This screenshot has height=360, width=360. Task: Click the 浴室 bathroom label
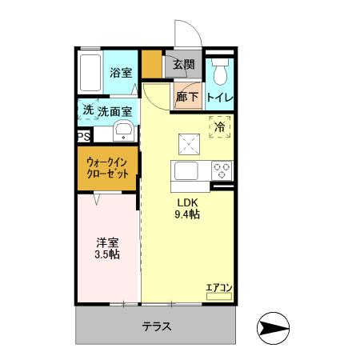(x=120, y=72)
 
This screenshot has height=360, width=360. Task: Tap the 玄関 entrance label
(x=183, y=65)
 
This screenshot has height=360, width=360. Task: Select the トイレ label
(x=220, y=98)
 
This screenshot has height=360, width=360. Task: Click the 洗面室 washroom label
(x=115, y=112)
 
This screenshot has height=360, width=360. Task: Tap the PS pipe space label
(x=82, y=137)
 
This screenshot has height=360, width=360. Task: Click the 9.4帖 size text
(x=188, y=214)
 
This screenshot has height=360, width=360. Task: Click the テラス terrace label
(x=158, y=327)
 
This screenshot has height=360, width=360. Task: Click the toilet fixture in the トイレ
(x=221, y=71)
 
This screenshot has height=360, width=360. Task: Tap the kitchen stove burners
(x=222, y=170)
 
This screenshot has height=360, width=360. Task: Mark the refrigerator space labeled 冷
(x=220, y=126)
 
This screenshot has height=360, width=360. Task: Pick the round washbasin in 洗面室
(x=124, y=131)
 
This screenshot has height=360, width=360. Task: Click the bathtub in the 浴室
(x=90, y=74)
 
